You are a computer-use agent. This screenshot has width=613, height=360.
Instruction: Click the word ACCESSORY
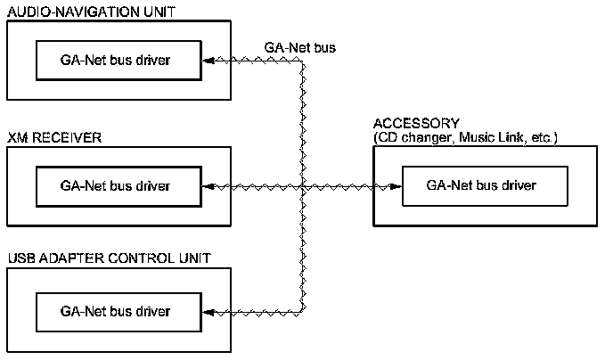coord(416,123)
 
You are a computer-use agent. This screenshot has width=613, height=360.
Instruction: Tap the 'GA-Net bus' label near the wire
coord(300,47)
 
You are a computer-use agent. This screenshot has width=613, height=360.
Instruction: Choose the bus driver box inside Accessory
coord(481,186)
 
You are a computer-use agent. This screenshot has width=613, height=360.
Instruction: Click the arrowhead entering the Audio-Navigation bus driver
coord(207,61)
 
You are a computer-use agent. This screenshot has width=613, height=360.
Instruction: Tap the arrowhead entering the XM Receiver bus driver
coord(207,186)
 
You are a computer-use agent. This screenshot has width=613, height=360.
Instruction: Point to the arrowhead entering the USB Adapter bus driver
coord(207,311)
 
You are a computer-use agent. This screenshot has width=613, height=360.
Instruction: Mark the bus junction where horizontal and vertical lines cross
coord(303,186)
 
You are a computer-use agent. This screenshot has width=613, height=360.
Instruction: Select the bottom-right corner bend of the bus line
coord(303,310)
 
